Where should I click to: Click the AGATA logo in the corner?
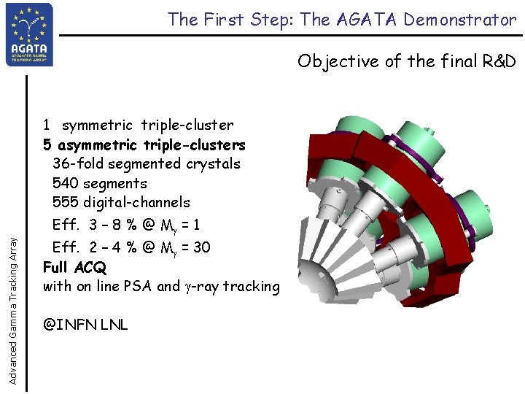[x=29, y=34]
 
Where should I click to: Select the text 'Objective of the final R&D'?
[x=406, y=61]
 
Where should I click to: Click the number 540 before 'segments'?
[x=66, y=184]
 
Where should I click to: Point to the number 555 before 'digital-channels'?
[x=66, y=203]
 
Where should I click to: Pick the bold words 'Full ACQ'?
[x=74, y=267]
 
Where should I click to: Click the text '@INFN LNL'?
[x=85, y=324]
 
